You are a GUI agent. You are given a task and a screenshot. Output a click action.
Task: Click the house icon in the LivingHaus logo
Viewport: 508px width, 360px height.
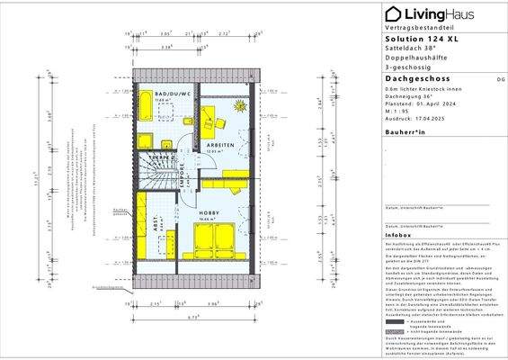pos(392,13)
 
